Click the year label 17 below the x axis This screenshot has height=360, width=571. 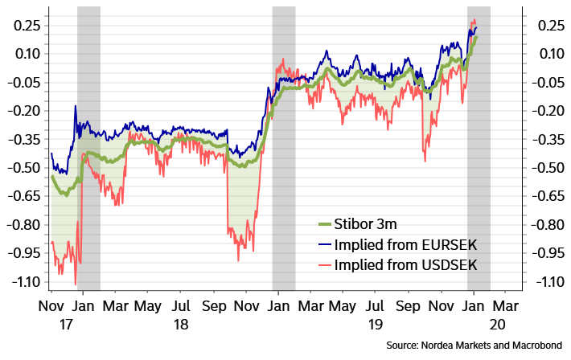point(67,324)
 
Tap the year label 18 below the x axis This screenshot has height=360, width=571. point(182,324)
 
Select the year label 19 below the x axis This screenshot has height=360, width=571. point(375,324)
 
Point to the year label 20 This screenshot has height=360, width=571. point(499,324)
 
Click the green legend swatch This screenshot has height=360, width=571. point(325,224)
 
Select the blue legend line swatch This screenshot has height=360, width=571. point(325,244)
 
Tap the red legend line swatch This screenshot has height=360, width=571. point(325,264)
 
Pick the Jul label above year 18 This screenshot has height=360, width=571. point(181,307)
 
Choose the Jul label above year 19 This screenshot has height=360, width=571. point(375,307)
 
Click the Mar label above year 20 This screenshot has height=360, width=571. point(505,307)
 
